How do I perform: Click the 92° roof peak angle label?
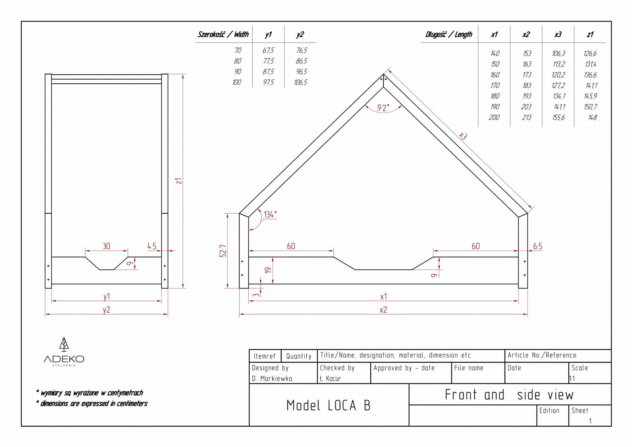pos(383,108)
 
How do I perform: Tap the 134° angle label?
pos(270,215)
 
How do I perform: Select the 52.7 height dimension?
pos(223,251)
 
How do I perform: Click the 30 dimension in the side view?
pos(106,246)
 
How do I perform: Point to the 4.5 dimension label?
pos(152,246)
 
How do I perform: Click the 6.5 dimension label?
pos(538,246)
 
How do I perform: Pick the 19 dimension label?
pos(268,270)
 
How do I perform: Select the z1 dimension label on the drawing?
pos(179,181)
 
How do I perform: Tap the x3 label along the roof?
pos(463,136)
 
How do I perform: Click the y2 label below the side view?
pos(106,310)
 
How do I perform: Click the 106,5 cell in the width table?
pos(301,82)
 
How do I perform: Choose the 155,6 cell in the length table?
pos(559,117)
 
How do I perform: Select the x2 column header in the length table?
pos(526,34)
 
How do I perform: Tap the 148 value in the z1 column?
pos(592,117)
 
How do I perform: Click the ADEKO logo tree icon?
pos(64,345)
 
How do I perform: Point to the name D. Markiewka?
pos(272,378)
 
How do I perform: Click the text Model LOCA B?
pos(328,405)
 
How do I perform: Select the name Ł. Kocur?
pos(330,378)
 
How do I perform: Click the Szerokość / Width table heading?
pos(223,34)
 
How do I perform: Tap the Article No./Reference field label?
pos(542,355)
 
